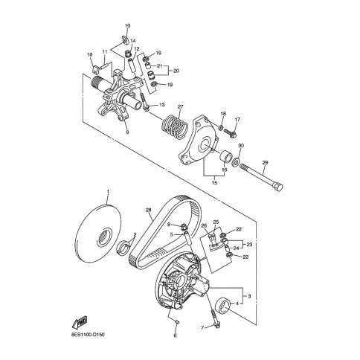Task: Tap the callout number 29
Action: tap(265, 163)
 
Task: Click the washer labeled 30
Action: tap(236, 162)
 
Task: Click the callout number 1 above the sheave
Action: tap(108, 192)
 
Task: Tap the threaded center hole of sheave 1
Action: tap(103, 237)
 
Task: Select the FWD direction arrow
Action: tap(80, 322)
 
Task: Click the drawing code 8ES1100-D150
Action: tap(87, 335)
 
